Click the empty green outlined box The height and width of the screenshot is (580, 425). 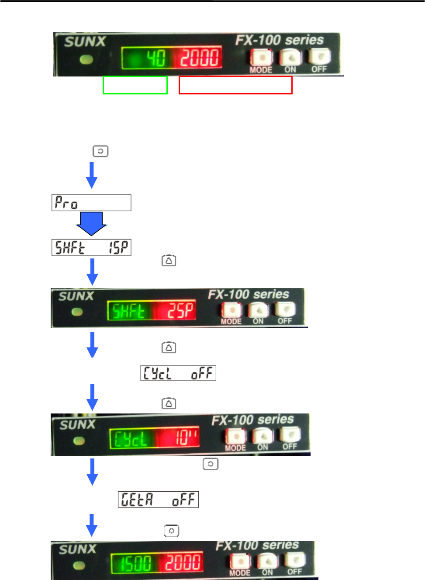(x=135, y=85)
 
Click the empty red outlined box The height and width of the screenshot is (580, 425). (x=235, y=85)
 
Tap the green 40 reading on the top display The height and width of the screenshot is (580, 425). (x=155, y=58)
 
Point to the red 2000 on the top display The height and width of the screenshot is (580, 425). (x=200, y=58)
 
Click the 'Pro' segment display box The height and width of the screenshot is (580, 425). (x=91, y=203)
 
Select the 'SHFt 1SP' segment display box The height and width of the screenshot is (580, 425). (x=91, y=247)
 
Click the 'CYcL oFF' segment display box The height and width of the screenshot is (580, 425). (x=178, y=373)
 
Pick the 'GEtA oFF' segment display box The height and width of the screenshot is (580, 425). (x=158, y=499)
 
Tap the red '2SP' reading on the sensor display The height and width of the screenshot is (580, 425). (x=180, y=311)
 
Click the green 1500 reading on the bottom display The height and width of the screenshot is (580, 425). (x=136, y=563)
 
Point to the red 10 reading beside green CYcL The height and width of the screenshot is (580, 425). (x=186, y=438)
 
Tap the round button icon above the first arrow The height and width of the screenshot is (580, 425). (x=100, y=151)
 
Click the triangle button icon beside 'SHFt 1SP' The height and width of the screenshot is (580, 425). (x=169, y=261)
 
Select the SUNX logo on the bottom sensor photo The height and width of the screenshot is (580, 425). (x=77, y=549)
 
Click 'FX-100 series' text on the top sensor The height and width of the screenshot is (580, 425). (x=280, y=40)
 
